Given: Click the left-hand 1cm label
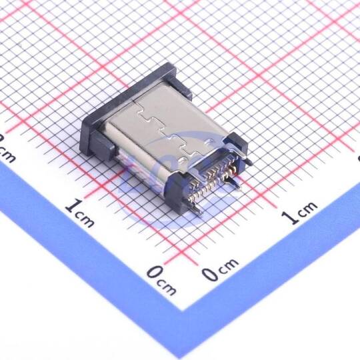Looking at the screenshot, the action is pos(80,213).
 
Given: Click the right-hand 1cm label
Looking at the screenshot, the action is pos(299,213).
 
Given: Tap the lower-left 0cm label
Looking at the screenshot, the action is pos(161,281).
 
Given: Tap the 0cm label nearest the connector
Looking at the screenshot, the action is pos(220,269).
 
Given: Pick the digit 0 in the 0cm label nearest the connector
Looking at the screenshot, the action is pos(210,275).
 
